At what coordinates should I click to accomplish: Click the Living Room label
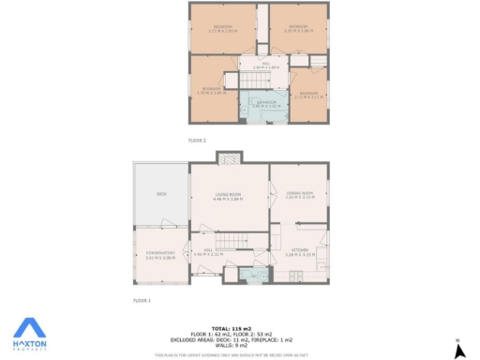coord(228,197)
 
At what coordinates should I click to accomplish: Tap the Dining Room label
coord(300,195)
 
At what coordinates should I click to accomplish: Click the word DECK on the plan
coord(161,194)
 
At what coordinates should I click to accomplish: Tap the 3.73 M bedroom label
coord(221,28)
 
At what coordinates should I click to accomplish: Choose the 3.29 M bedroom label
coord(298,28)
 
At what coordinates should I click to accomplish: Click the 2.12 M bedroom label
coord(307,94)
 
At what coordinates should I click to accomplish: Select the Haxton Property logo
coord(30,333)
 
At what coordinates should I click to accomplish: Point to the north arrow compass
coord(459,349)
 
